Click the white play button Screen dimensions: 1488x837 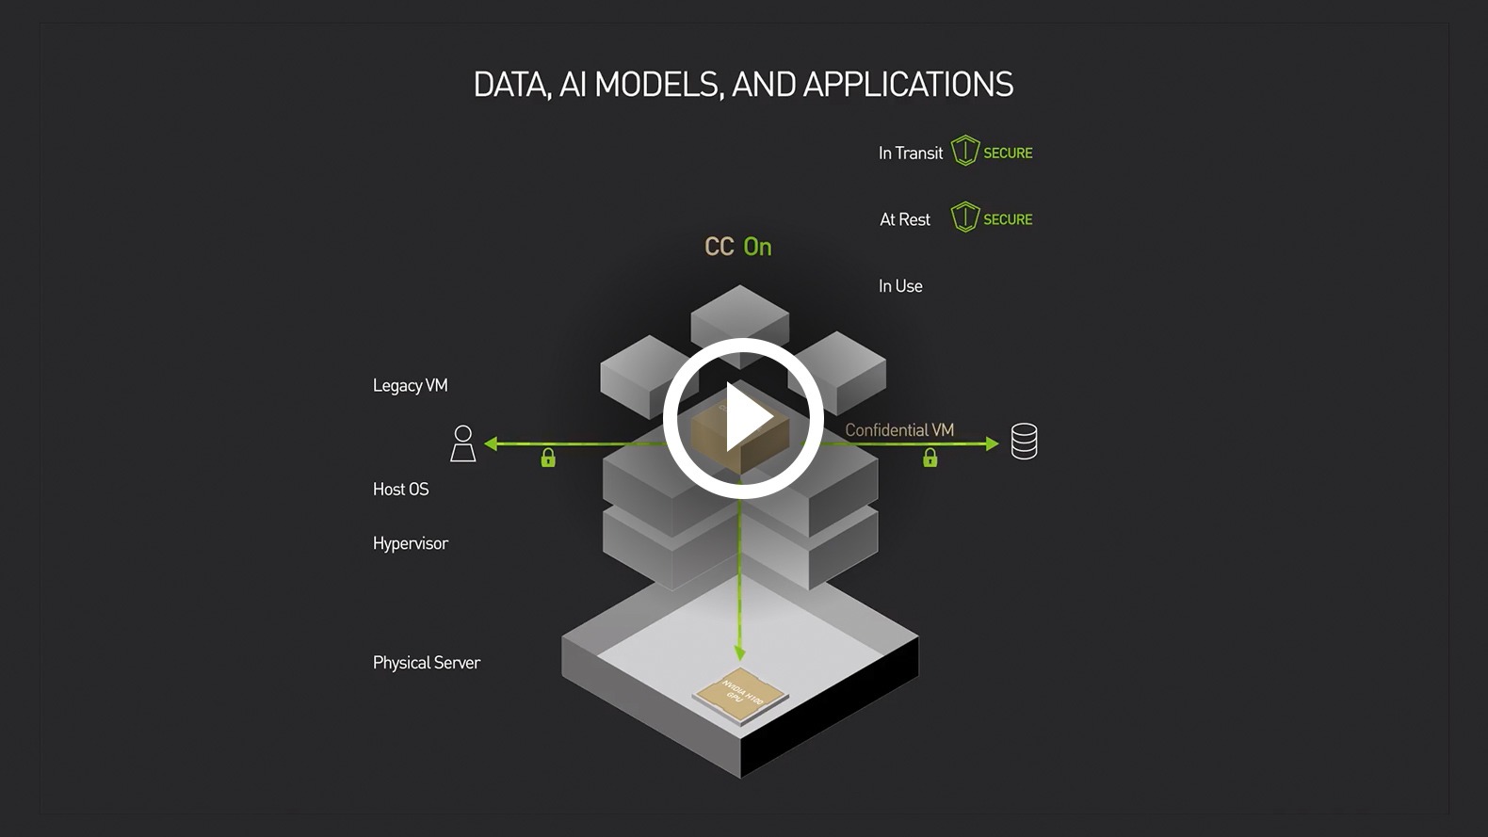click(743, 418)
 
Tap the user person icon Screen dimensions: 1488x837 click(462, 443)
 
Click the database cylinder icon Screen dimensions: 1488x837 click(1024, 442)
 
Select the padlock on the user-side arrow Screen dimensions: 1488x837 click(548, 459)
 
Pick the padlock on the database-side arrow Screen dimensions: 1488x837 click(930, 459)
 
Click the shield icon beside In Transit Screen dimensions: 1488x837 click(965, 151)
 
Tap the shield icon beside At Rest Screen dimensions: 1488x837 click(965, 217)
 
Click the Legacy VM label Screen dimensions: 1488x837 click(411, 385)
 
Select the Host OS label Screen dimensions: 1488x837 click(401, 489)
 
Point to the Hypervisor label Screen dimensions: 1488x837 click(411, 543)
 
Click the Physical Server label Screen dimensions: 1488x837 click(427, 663)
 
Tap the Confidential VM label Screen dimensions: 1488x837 click(899, 430)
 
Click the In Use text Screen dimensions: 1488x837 click(900, 286)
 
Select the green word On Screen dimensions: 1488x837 click(757, 247)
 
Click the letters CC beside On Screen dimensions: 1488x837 click(719, 247)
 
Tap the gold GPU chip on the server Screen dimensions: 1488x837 click(740, 696)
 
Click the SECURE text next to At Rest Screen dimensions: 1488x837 click(1008, 219)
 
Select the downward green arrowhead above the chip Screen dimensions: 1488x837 click(739, 652)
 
